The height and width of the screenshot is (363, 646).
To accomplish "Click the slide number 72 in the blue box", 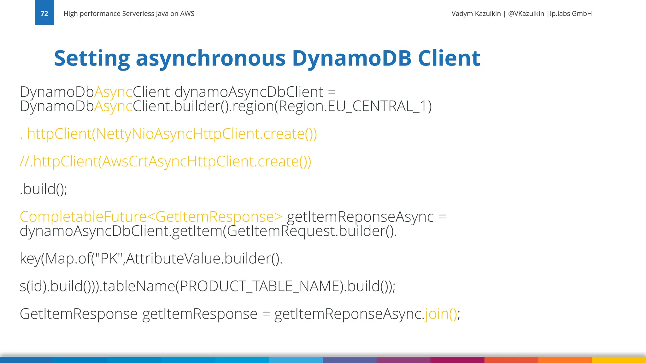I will click(x=44, y=14).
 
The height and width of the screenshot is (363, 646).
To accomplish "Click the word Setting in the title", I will click(x=92, y=59).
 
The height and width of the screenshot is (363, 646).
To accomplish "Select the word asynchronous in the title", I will click(x=210, y=59).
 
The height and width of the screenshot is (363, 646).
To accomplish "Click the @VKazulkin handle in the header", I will click(x=526, y=14).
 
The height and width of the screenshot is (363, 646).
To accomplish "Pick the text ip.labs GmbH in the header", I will click(x=571, y=14).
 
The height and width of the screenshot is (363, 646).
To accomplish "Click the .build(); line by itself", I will click(x=44, y=189).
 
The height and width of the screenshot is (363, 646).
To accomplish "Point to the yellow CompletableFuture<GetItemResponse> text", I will click(x=151, y=217).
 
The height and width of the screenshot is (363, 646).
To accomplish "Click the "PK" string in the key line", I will click(x=109, y=259).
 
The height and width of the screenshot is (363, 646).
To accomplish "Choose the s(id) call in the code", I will click(x=33, y=286).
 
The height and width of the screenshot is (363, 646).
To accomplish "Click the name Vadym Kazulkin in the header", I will click(x=476, y=14).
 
